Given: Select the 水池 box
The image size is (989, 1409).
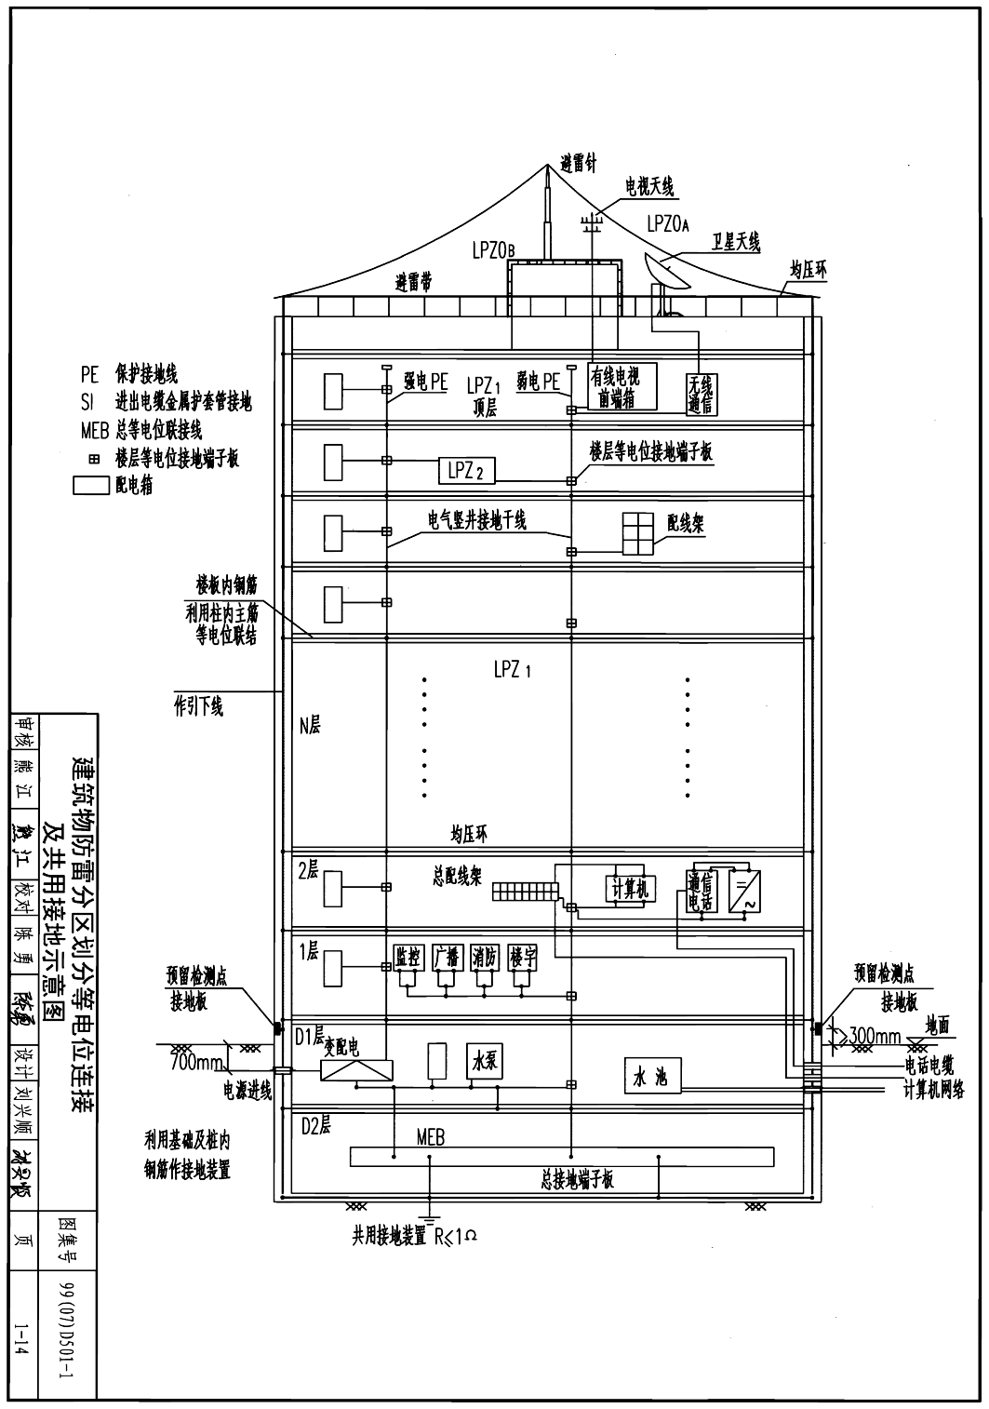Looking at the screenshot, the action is (650, 1079).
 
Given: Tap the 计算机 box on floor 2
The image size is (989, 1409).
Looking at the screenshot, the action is (630, 889).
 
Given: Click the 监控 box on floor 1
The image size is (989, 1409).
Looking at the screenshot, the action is (408, 959).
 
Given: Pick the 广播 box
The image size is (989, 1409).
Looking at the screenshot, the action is (447, 959).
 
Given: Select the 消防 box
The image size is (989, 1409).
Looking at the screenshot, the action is (485, 959).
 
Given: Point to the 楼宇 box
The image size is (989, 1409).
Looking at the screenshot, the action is (524, 959).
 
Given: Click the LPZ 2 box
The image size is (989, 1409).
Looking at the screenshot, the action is (466, 471).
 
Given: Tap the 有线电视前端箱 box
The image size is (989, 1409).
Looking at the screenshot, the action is (621, 386).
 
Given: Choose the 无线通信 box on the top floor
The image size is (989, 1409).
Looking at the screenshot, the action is (700, 394).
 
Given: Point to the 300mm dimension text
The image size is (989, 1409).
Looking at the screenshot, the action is (874, 1035).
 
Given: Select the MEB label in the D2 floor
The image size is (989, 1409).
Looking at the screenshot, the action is (431, 1137).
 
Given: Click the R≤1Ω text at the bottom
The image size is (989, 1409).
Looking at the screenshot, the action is (458, 1236).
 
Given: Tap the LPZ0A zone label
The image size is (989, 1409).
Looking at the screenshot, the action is (667, 224).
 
